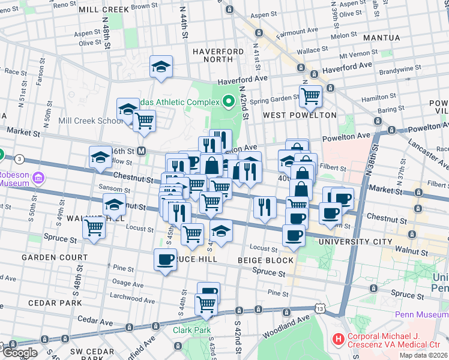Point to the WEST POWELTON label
pyautogui.click(x=291, y=115)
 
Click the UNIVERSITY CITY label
pyautogui.click(x=350, y=241)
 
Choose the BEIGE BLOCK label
pyautogui.click(x=265, y=260)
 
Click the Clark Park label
pyautogui.click(x=191, y=330)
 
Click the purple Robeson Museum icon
pyautogui.click(x=40, y=178)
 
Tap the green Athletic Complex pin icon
pyautogui.click(x=228, y=102)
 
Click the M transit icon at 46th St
pyautogui.click(x=142, y=151)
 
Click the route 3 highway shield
pyautogui.click(x=20, y=158)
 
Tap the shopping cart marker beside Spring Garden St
pyautogui.click(x=311, y=94)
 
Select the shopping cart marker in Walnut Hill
pyautogui.click(x=94, y=227)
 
